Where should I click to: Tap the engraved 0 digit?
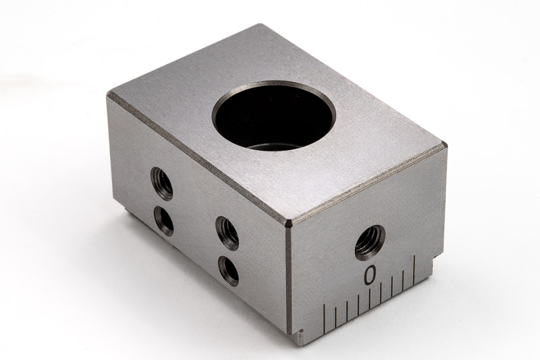coord(370,275)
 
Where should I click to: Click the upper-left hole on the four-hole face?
coord(161,182)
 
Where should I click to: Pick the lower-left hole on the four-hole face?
coord(164,220)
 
